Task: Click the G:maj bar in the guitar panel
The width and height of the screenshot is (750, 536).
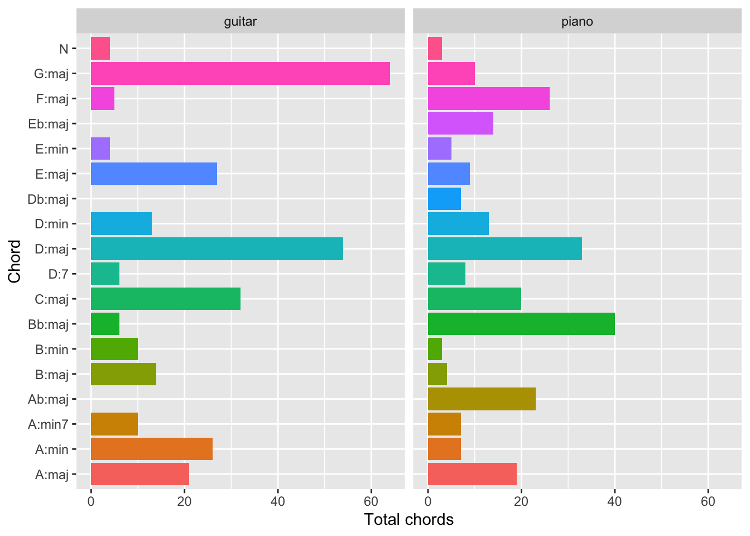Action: [240, 74]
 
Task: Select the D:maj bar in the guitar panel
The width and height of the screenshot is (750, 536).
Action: [217, 248]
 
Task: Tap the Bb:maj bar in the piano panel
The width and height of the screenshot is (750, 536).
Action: [521, 324]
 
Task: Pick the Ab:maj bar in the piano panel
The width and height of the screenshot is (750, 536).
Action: [482, 399]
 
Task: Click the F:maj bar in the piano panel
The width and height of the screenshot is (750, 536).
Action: [488, 99]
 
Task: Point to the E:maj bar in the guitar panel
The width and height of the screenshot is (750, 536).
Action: [153, 174]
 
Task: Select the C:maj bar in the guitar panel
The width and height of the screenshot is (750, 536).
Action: [165, 299]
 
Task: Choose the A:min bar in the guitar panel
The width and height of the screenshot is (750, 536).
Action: [151, 449]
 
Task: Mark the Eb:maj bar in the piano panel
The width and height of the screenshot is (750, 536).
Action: [460, 123]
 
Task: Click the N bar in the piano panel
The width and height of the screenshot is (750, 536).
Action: [435, 49]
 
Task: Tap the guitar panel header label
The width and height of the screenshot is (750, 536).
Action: [240, 22]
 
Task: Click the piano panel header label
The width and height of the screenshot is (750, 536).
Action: [577, 22]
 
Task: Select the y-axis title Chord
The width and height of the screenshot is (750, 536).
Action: [15, 261]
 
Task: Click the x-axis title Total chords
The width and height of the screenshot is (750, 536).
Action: [408, 520]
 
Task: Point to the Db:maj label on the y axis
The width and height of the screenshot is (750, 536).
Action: [48, 199]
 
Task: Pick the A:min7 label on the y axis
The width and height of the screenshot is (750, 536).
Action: [48, 424]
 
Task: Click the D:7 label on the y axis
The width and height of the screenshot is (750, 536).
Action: [58, 274]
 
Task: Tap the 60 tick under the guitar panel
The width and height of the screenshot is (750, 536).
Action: [371, 501]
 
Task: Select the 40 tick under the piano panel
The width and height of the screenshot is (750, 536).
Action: [614, 501]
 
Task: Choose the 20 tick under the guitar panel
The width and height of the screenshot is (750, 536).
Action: [184, 501]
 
